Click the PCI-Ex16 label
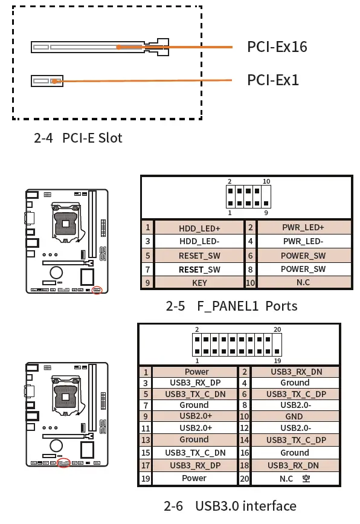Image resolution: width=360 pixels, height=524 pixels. point(277,47)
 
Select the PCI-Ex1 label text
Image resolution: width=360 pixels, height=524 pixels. point(273,80)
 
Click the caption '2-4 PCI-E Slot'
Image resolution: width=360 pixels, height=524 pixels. point(78,138)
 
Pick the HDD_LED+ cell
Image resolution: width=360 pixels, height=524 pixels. point(199,228)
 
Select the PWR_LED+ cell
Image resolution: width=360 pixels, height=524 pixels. point(303,227)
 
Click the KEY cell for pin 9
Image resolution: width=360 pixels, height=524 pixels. point(199,282)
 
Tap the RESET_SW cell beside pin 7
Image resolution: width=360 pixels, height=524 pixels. point(199,269)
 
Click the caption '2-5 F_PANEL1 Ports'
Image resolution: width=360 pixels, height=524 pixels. point(231,306)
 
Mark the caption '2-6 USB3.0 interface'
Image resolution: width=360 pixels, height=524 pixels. point(230,506)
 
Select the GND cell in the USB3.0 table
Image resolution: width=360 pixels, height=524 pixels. point(295,416)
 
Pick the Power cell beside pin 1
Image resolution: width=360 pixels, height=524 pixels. point(196,372)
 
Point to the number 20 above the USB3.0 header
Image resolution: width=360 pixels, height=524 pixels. point(277,329)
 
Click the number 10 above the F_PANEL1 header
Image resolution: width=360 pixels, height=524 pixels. point(266,181)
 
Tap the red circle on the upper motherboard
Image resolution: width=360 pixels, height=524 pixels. point(96,290)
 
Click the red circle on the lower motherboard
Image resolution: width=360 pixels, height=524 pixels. point(63,463)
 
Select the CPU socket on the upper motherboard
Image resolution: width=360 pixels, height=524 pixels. point(64,223)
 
